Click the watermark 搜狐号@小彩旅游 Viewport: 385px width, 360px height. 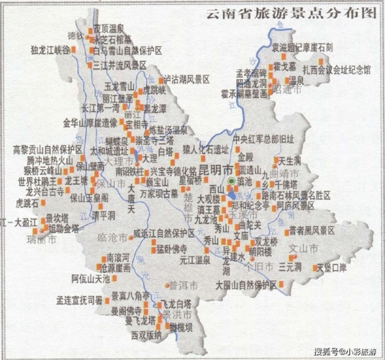coord(343,351)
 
